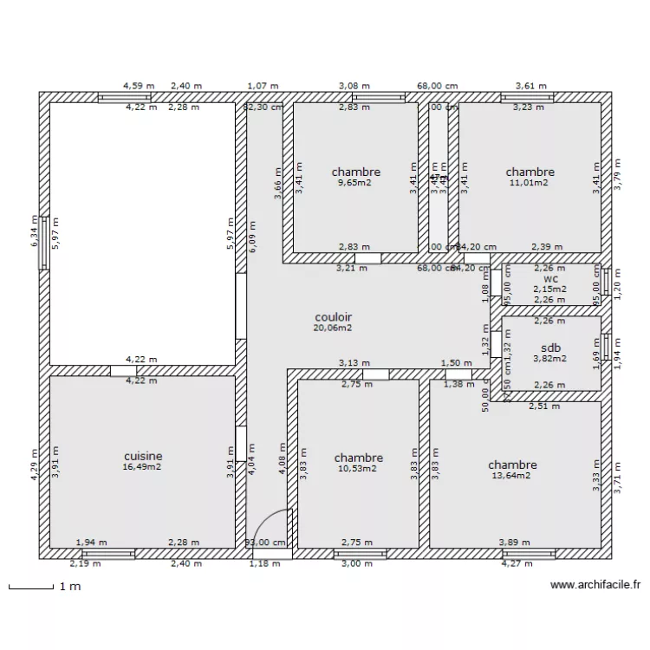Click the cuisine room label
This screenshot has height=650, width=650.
click(143, 456)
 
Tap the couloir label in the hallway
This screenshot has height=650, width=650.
click(333, 317)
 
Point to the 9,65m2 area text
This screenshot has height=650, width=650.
click(355, 183)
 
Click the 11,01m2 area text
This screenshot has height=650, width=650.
click(530, 183)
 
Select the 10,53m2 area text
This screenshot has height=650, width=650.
click(358, 469)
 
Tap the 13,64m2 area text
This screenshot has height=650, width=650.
click(511, 475)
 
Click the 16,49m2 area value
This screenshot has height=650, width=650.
click(143, 466)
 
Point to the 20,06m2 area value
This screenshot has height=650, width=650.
click(333, 328)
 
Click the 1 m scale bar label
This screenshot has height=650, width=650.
click(69, 587)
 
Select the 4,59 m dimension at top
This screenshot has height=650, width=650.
click(139, 86)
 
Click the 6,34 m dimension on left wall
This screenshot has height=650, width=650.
click(34, 232)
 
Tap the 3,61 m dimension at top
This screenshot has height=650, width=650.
click(530, 86)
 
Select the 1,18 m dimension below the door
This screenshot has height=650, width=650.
click(264, 563)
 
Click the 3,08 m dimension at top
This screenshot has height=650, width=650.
click(354, 86)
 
